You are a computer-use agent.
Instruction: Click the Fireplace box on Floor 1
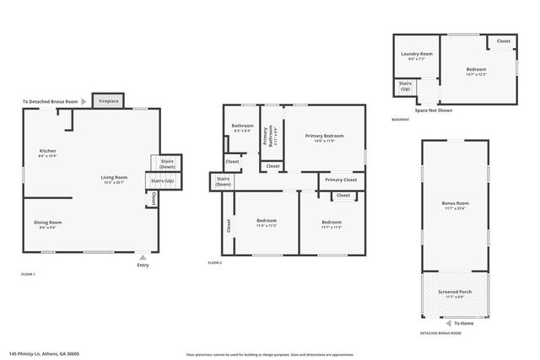(x=108, y=101)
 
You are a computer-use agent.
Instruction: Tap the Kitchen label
(x=47, y=153)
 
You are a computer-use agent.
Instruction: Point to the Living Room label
(x=114, y=178)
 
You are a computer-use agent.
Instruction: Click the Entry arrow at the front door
(x=143, y=257)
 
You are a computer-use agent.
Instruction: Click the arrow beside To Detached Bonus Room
(x=84, y=101)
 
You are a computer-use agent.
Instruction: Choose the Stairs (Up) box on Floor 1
(x=162, y=180)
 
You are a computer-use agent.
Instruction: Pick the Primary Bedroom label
(x=324, y=137)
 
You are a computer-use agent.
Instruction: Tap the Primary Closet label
(x=341, y=180)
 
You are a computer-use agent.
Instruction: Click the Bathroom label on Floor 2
(x=243, y=127)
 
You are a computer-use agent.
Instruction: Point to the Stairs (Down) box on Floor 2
(x=224, y=181)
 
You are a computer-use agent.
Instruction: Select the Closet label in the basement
(x=503, y=40)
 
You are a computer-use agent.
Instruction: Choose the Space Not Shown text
(x=434, y=110)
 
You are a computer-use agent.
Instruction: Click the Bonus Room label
(x=455, y=204)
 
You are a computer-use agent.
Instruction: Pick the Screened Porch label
(x=455, y=293)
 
